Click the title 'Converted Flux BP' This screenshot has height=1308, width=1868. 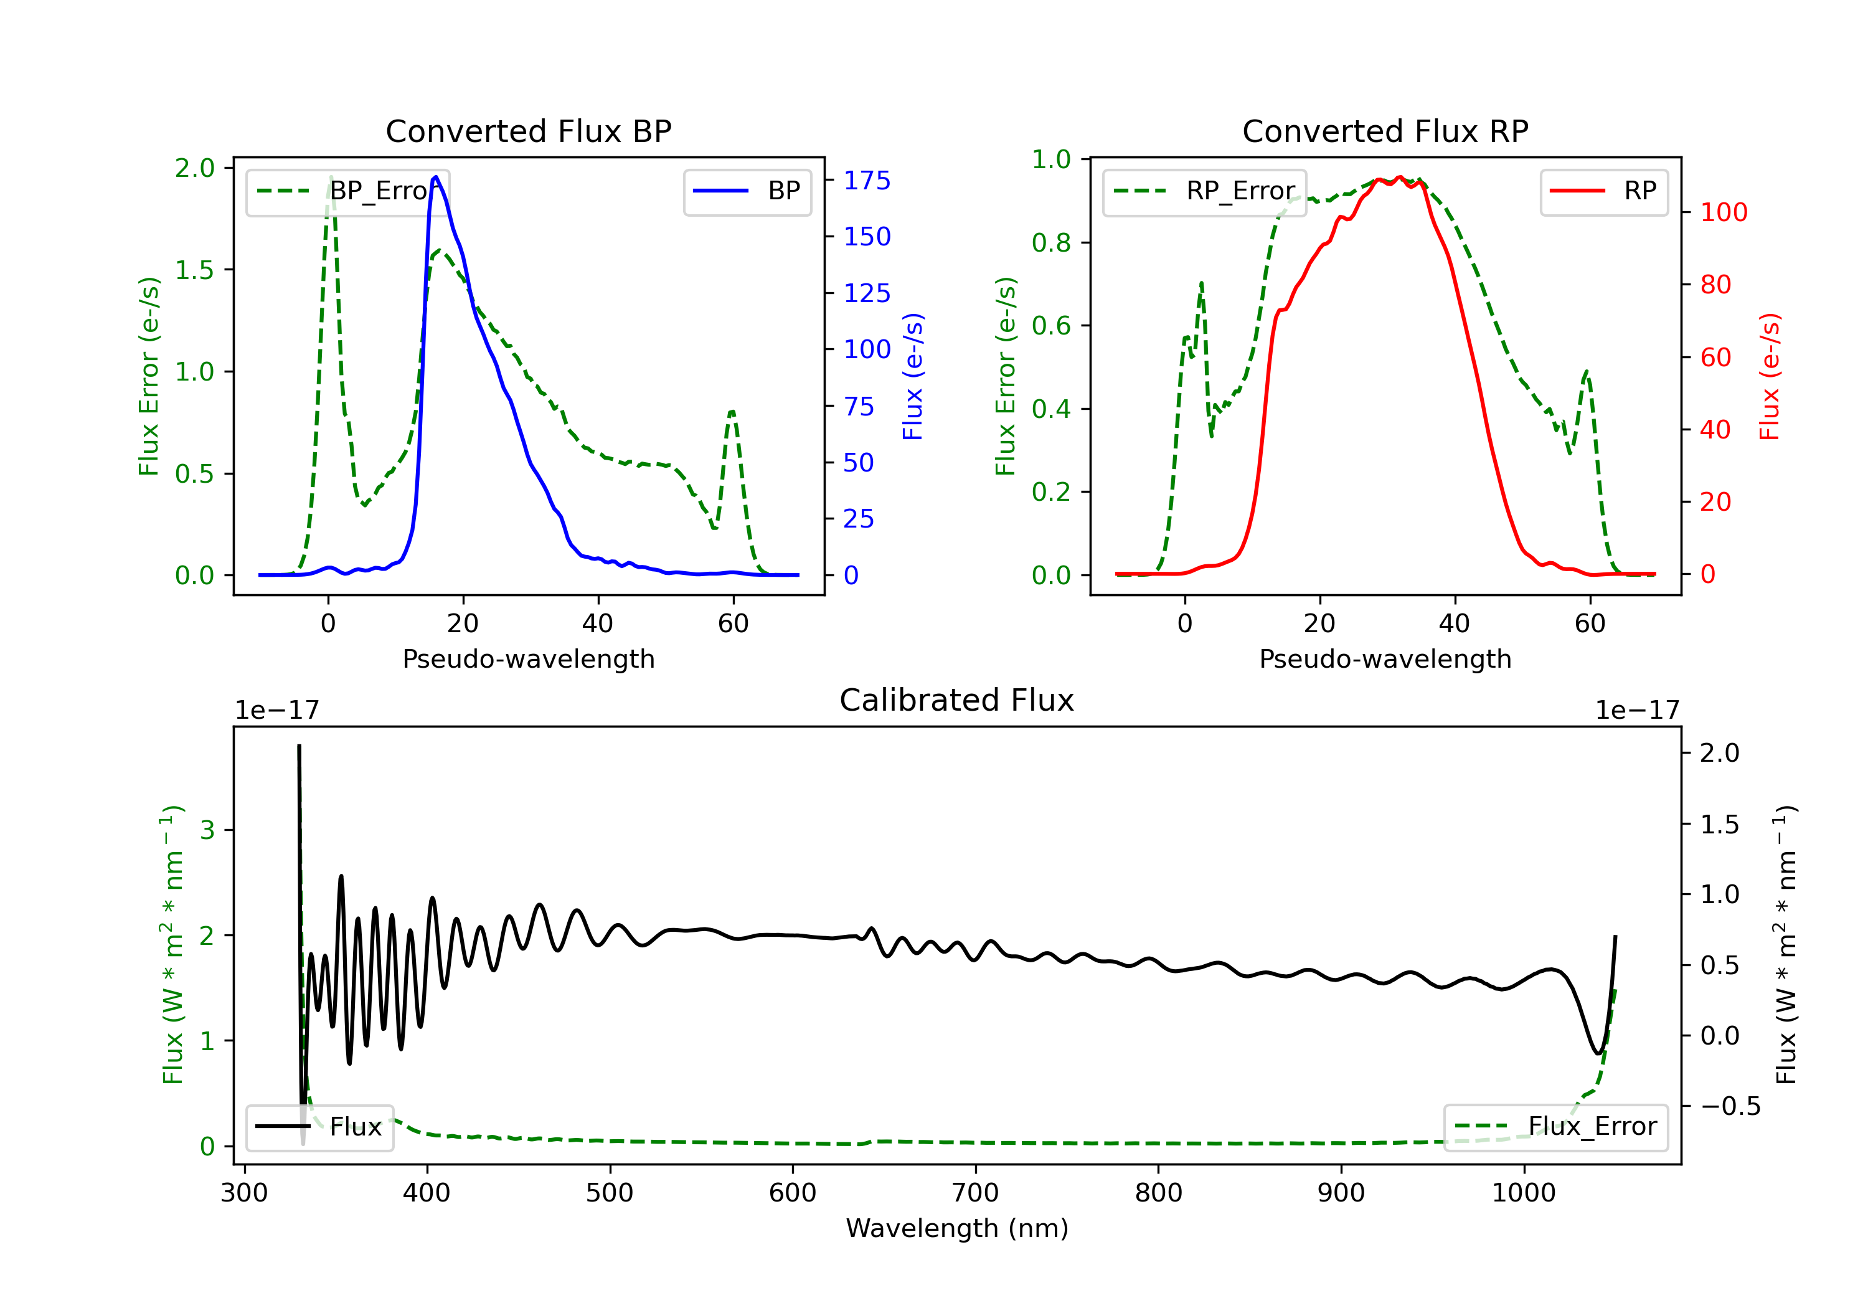pyautogui.click(x=528, y=131)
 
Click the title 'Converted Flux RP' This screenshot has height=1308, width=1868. pyautogui.click(x=1385, y=131)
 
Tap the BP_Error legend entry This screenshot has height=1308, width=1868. pyautogui.click(x=347, y=191)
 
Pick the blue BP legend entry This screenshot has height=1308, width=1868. pyautogui.click(x=747, y=191)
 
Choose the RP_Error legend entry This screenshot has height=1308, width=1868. pyautogui.click(x=1204, y=191)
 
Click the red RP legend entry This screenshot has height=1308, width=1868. pyautogui.click(x=1603, y=191)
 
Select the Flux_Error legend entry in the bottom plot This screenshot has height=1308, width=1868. pyautogui.click(x=1555, y=1127)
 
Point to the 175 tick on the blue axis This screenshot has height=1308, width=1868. pyautogui.click(x=867, y=181)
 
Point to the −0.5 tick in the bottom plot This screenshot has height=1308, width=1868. pyautogui.click(x=1730, y=1106)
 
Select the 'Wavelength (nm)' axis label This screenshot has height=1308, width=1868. pyautogui.click(x=957, y=1228)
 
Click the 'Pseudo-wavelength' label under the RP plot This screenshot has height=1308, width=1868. pyautogui.click(x=1385, y=658)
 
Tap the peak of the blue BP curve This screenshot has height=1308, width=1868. pyautogui.click(x=436, y=177)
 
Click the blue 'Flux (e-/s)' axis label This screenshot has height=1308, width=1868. pyautogui.click(x=913, y=376)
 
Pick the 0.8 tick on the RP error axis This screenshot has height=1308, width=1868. pyautogui.click(x=1050, y=242)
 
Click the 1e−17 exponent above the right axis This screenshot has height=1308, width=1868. pyautogui.click(x=1637, y=711)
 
